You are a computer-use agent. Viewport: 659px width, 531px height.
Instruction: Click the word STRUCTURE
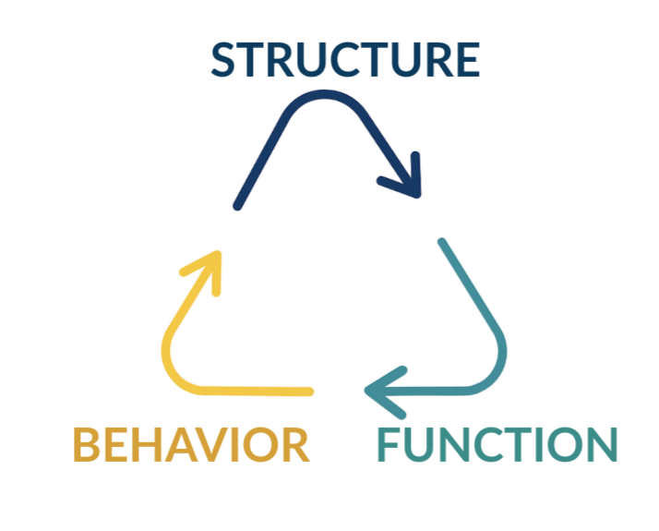(x=343, y=63)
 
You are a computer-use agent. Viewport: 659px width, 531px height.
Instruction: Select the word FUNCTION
(x=497, y=450)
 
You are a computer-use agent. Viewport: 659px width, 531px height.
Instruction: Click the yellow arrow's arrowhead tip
(x=218, y=252)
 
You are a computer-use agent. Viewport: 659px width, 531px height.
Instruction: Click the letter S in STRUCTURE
(x=224, y=63)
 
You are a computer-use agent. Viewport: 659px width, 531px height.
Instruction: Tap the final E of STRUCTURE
(x=461, y=63)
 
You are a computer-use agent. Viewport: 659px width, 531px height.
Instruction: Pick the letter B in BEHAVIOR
(x=86, y=450)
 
